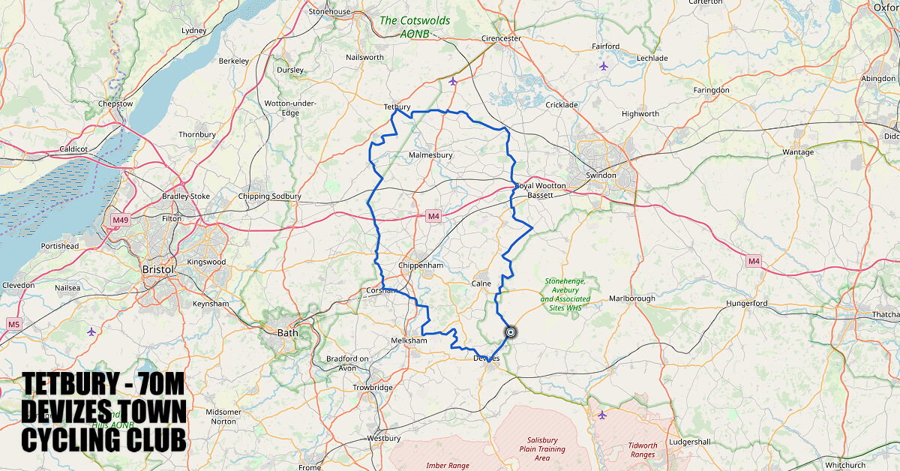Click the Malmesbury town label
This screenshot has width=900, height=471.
pyautogui.click(x=430, y=155)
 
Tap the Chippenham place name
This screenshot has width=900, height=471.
pyautogui.click(x=421, y=265)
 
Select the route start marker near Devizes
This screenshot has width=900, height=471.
pyautogui.click(x=511, y=331)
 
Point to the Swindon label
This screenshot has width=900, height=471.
pyautogui.click(x=601, y=175)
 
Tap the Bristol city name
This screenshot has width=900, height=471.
pyautogui.click(x=158, y=269)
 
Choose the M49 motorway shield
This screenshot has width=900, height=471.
pyautogui.click(x=120, y=220)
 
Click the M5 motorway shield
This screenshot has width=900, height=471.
pyautogui.click(x=13, y=324)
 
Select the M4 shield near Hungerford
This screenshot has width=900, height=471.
pyautogui.click(x=754, y=261)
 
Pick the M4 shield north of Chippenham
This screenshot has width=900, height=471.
pyautogui.click(x=433, y=217)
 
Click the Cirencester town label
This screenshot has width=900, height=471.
pyautogui.click(x=501, y=38)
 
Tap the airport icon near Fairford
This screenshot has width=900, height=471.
pyautogui.click(x=604, y=66)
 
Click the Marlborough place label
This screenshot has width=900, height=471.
pyautogui.click(x=631, y=298)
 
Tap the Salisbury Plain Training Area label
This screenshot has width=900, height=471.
pyautogui.click(x=542, y=448)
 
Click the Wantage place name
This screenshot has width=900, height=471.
pyautogui.click(x=797, y=152)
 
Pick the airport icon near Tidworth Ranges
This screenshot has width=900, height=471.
pyautogui.click(x=601, y=414)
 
